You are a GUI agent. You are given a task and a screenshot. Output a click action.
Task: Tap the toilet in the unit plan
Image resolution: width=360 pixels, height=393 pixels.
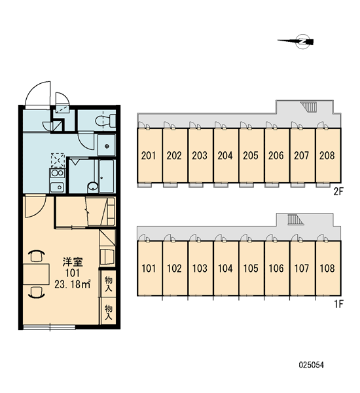point(105,121)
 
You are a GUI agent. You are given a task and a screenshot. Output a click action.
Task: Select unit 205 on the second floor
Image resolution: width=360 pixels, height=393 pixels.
point(251,156)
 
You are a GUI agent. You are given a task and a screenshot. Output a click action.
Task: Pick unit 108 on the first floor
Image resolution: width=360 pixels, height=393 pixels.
point(327,269)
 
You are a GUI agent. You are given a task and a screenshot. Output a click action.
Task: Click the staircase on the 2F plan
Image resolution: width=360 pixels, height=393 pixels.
point(309,107)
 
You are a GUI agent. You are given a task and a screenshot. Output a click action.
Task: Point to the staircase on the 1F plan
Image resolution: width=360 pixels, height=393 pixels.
point(295,219)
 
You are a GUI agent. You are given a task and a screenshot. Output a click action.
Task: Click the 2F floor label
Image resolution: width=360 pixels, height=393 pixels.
point(338,192)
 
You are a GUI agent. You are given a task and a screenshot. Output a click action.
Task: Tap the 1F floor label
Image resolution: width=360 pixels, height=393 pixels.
point(338,304)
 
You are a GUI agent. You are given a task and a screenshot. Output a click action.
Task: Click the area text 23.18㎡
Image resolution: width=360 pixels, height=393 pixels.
point(73,284)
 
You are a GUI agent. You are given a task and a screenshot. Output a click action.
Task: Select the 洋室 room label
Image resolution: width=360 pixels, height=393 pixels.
point(73,262)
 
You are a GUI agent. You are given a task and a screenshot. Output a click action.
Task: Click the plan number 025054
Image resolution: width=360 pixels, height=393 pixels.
point(311,365)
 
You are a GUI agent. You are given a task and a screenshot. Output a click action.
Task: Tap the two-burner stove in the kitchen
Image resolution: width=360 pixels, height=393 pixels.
point(58,173)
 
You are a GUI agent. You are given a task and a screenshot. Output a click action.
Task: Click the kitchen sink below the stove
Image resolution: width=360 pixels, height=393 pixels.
point(57,187)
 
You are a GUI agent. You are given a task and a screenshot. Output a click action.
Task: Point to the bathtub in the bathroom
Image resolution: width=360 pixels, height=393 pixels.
point(107,176)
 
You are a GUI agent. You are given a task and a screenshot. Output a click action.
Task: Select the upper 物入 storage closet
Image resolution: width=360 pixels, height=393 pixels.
point(108,284)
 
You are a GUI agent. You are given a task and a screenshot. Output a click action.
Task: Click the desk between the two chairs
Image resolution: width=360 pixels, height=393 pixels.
point(36,274)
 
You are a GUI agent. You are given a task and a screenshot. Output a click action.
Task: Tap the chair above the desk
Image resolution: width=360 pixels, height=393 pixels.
point(37,255)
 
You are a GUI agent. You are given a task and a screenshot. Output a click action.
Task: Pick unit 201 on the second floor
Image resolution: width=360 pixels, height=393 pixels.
point(149,156)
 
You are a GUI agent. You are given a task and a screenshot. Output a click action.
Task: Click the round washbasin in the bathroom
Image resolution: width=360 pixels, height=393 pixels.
point(93,187)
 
